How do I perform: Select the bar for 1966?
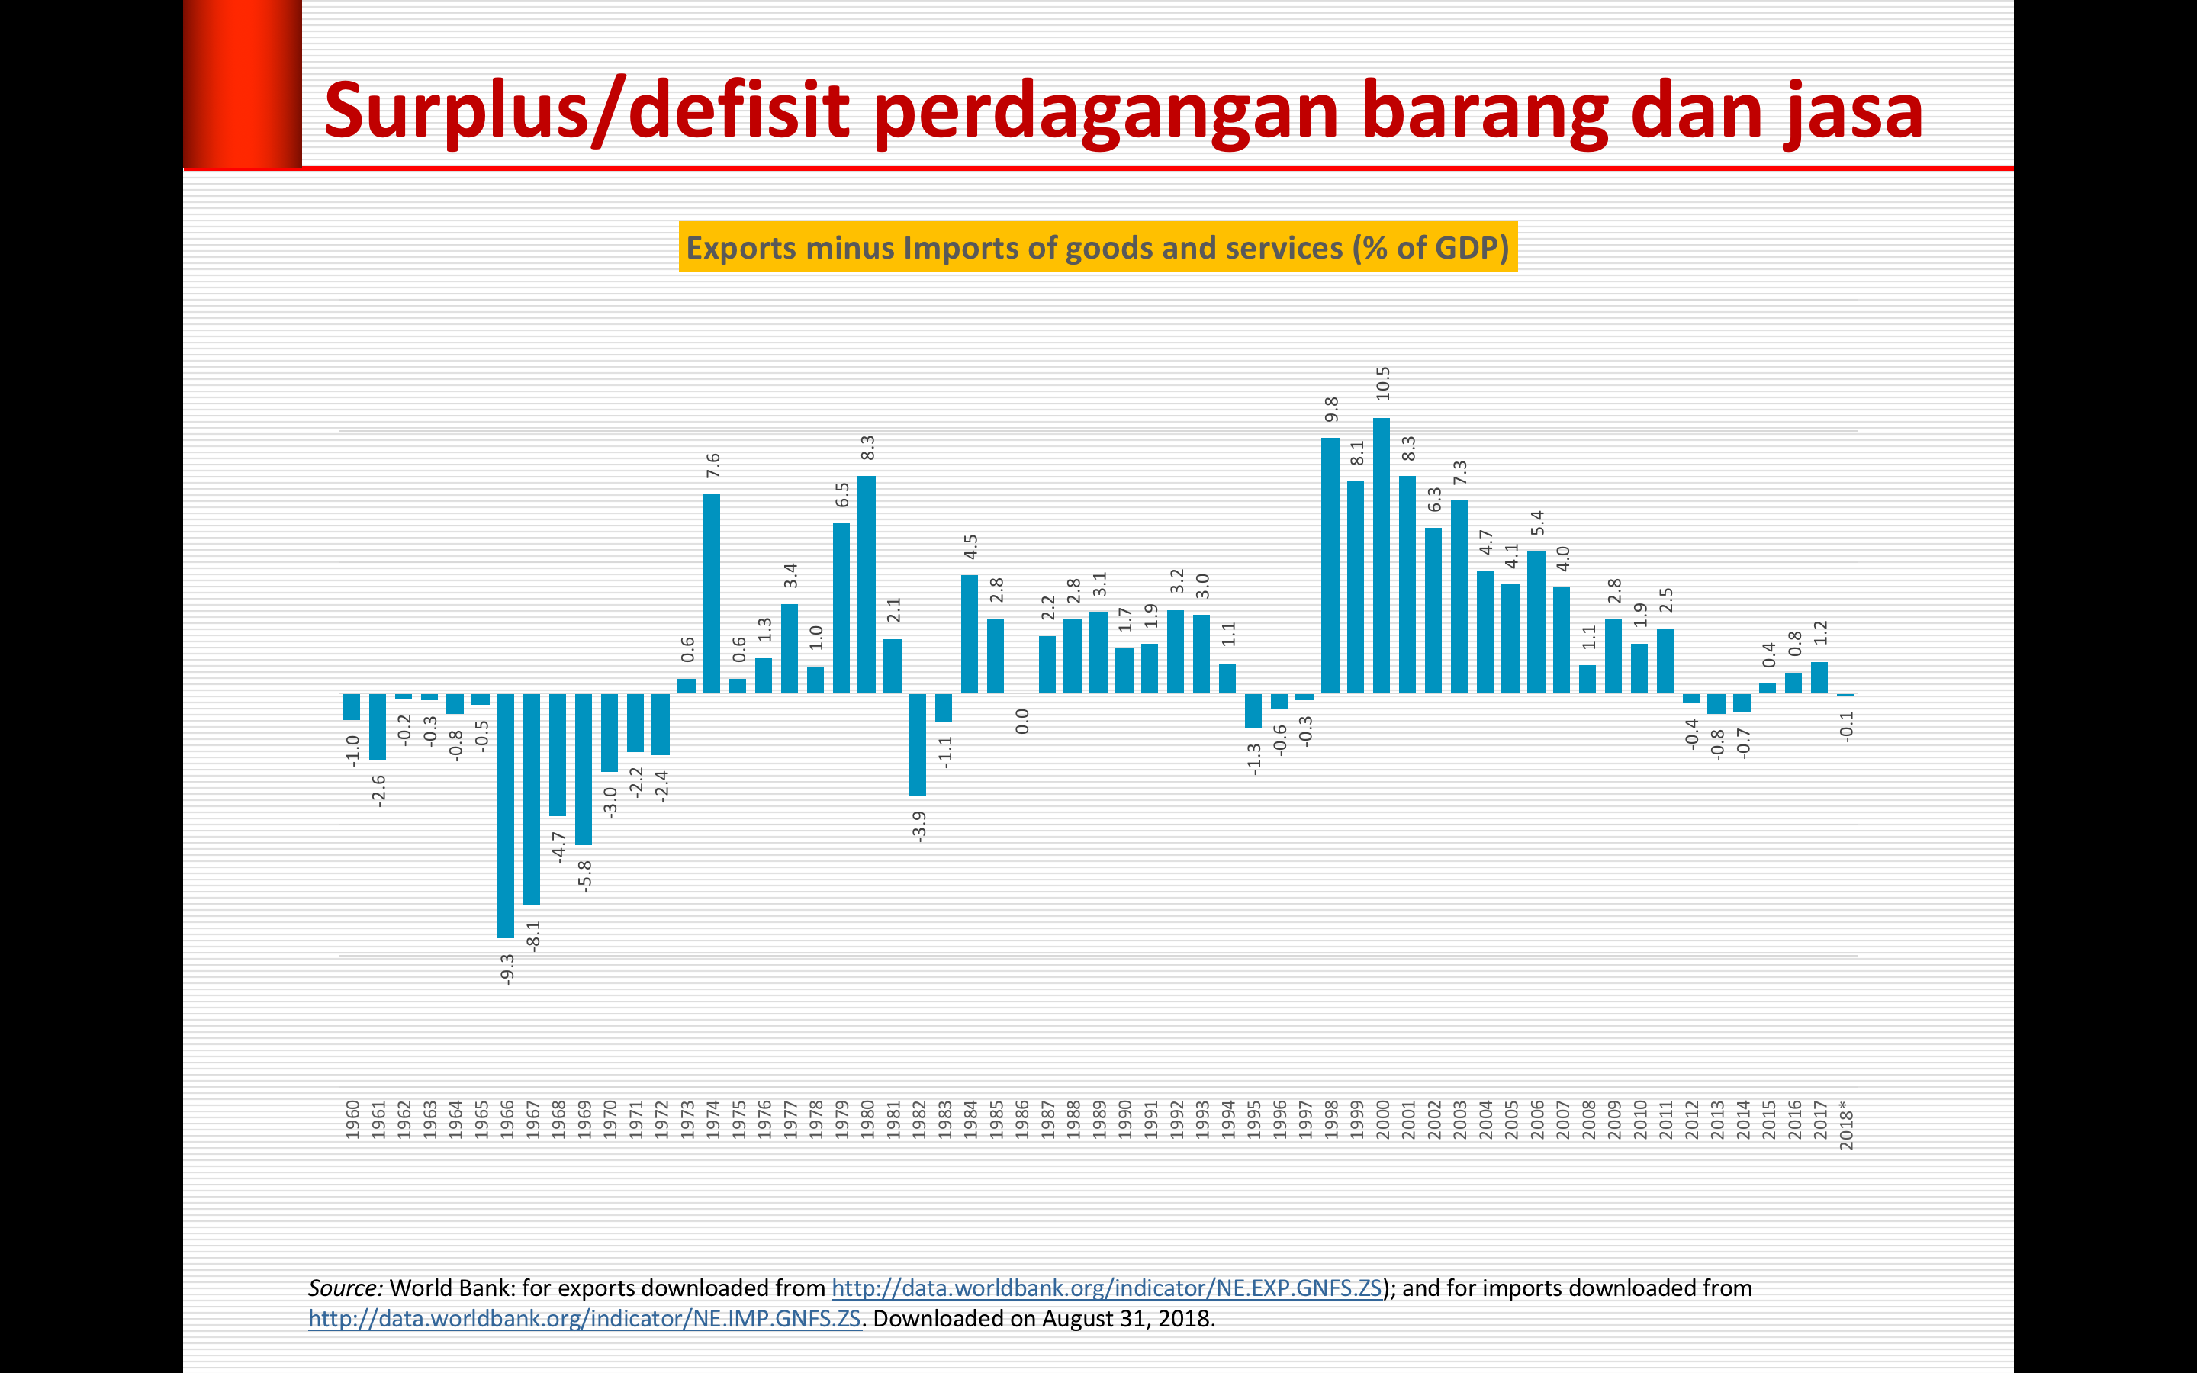[x=506, y=815]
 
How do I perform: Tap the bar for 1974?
[x=712, y=594]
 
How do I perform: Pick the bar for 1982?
[x=918, y=744]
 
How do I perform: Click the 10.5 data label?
[x=1382, y=383]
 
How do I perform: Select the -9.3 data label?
[x=507, y=969]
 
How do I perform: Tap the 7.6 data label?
[x=712, y=466]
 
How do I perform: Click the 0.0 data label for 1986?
[x=1021, y=721]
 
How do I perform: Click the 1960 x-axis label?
[x=352, y=1120]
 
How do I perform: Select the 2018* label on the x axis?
[x=1845, y=1125]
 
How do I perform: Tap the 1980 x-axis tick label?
[x=867, y=1120]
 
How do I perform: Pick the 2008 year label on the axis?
[x=1587, y=1120]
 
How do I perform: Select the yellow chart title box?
[x=1098, y=247]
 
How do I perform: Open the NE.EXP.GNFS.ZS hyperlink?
[x=1107, y=1288]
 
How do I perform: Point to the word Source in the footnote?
[x=345, y=1288]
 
